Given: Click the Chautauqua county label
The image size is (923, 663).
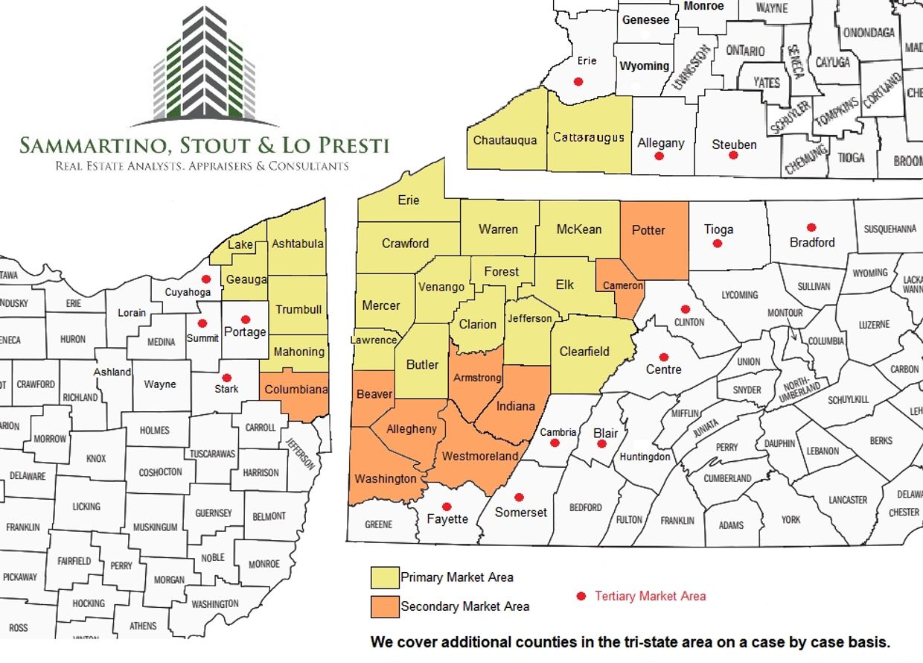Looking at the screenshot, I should (x=505, y=140).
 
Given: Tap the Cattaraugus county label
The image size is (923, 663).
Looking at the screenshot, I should (x=588, y=137).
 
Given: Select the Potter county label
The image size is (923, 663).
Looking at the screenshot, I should (x=648, y=230).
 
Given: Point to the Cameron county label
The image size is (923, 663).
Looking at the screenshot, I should (x=623, y=286).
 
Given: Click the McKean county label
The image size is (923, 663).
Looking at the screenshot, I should (x=578, y=229).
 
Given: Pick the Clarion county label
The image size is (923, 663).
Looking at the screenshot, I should (x=477, y=324).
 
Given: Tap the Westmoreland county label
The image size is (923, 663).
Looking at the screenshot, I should (x=480, y=456).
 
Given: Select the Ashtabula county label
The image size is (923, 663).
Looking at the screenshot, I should (x=298, y=244).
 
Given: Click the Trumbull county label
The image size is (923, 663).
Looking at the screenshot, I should (x=298, y=309).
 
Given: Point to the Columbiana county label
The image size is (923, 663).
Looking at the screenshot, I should (x=296, y=389).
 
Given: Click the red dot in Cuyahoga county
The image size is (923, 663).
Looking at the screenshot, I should (x=206, y=279).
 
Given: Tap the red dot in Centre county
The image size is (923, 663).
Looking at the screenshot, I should (x=663, y=357).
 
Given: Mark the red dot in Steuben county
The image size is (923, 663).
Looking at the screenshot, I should (x=733, y=156).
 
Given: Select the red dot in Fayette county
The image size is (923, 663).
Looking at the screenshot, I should (x=447, y=506).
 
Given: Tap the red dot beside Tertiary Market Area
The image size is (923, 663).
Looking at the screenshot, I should (x=581, y=596).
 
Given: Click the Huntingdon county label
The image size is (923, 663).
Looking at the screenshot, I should (x=645, y=457).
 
